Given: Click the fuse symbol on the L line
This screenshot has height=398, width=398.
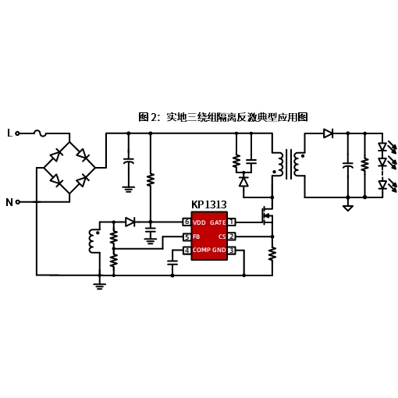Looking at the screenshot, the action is tap(41, 133).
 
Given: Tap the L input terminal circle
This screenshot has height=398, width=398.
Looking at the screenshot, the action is tap(17, 133).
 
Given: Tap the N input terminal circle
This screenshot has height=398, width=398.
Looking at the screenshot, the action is tap(18, 202).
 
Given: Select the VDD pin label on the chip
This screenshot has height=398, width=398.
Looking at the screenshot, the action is tap(199, 222).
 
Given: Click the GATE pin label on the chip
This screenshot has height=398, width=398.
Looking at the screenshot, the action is tap(218, 222).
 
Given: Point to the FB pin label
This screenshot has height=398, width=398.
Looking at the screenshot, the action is tap(197, 236).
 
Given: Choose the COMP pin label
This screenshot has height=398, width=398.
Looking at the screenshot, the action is tap(201, 250).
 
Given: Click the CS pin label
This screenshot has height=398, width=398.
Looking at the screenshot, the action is tap(222, 236).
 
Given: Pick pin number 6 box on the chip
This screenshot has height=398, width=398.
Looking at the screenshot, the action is tap(187, 222).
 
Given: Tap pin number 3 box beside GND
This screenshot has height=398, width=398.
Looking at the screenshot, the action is tap(232, 251).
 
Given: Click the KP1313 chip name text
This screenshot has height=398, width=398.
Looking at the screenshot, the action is tap(209, 204).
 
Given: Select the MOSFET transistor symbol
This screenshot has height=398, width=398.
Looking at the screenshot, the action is tap(267, 216).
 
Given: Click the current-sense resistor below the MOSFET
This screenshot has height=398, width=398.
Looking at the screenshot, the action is tap(272, 254).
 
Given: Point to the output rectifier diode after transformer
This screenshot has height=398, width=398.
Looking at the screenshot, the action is tap(329, 133).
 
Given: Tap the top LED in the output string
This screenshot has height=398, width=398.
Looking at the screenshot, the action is tap(382, 147).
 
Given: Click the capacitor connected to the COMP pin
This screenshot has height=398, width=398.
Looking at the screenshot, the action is tap(172, 262).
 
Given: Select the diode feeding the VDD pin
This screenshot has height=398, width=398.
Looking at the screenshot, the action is tap(130, 222).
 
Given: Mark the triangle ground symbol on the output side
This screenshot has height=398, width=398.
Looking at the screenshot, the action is tap(348, 208).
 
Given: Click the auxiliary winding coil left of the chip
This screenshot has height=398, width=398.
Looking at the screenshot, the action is tap(93, 241).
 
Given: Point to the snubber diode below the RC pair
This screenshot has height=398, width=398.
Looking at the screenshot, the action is tap(243, 181).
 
